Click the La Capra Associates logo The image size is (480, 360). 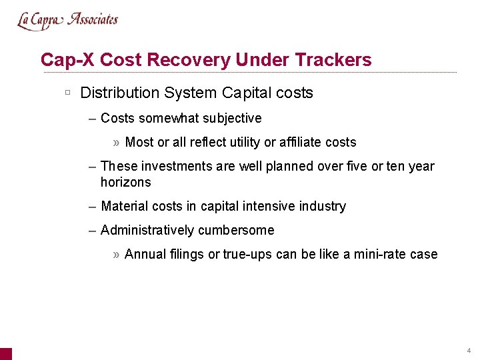67,20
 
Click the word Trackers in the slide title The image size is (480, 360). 333,60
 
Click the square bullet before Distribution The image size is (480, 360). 68,92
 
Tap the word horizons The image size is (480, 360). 125,182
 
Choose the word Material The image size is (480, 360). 124,206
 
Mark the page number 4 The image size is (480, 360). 469,351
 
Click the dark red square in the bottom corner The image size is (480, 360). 5,353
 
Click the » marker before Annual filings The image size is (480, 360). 117,254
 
